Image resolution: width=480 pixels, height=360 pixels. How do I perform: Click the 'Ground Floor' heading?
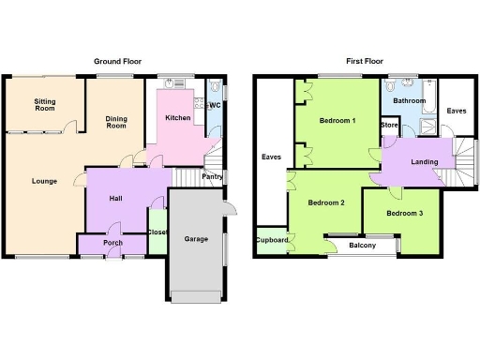pyautogui.click(x=117, y=61)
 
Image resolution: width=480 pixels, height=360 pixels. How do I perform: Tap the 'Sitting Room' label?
pyautogui.click(x=44, y=104)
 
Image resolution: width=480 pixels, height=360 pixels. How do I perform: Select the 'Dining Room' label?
pyautogui.click(x=115, y=121)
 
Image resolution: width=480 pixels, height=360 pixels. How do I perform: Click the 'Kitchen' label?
pyautogui.click(x=178, y=118)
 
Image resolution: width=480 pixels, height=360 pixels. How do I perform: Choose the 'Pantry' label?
pyautogui.click(x=212, y=176)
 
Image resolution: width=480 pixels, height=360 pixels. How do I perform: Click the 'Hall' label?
pyautogui.click(x=116, y=198)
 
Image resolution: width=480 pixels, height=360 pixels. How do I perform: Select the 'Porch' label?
pyautogui.click(x=112, y=243)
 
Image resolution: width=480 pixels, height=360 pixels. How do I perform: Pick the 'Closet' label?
pyautogui.click(x=157, y=232)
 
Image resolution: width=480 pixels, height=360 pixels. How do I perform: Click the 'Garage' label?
pyautogui.click(x=196, y=239)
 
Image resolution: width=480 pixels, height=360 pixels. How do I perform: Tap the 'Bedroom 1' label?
pyautogui.click(x=337, y=121)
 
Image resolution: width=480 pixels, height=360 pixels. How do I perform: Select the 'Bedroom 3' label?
pyautogui.click(x=404, y=214)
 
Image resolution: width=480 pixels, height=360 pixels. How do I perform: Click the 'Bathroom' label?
pyautogui.click(x=410, y=101)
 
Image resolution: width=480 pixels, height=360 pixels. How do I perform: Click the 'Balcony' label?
pyautogui.click(x=363, y=246)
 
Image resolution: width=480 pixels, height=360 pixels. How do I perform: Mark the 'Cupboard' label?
pyautogui.click(x=272, y=240)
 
